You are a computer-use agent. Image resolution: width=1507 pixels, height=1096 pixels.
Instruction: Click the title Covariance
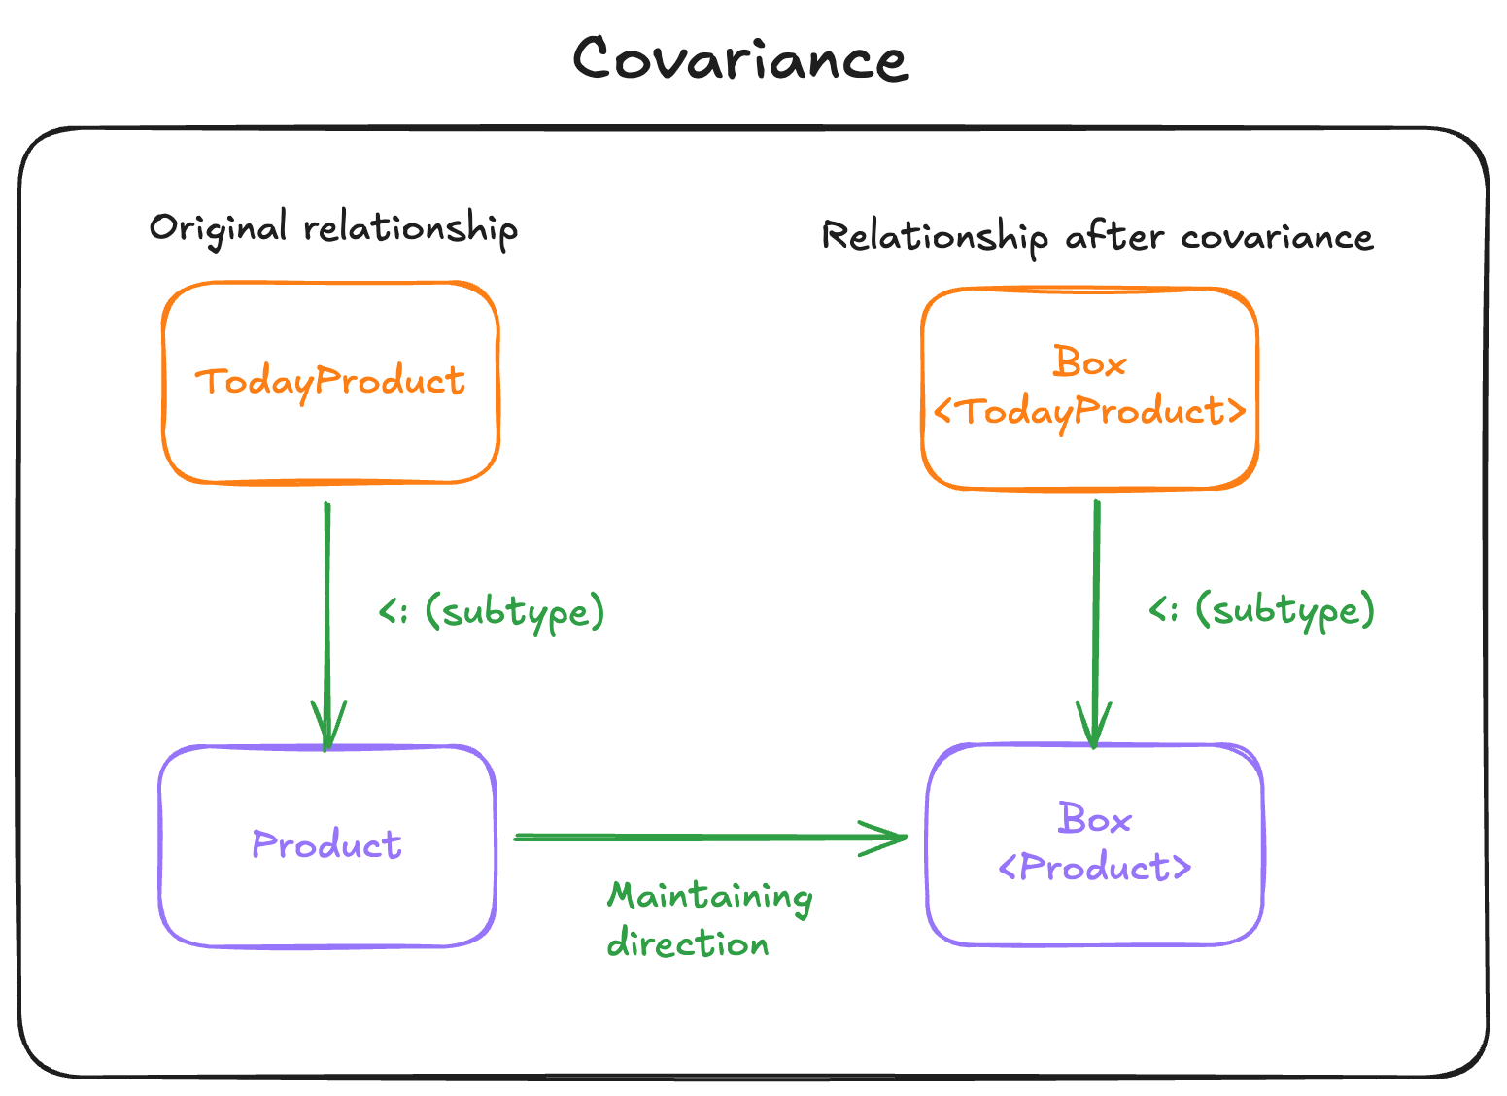coord(740,59)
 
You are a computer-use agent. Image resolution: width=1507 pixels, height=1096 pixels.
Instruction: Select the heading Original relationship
coord(333,228)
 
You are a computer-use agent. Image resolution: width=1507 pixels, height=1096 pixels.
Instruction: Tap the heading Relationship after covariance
coord(1097,237)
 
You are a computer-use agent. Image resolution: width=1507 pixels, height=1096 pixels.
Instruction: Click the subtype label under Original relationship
coord(492,612)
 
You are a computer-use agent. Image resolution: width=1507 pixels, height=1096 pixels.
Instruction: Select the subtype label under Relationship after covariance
coord(1261,610)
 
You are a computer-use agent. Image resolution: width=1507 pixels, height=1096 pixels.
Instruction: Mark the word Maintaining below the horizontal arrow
coord(710,897)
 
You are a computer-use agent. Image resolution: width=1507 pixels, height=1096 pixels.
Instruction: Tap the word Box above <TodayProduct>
coord(1089,363)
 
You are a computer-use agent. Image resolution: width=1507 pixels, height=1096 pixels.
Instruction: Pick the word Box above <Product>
coord(1095,820)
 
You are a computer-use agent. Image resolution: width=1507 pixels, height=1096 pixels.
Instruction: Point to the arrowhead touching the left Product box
coord(327,729)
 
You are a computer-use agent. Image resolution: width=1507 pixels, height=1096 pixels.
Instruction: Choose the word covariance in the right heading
coord(1277,237)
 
